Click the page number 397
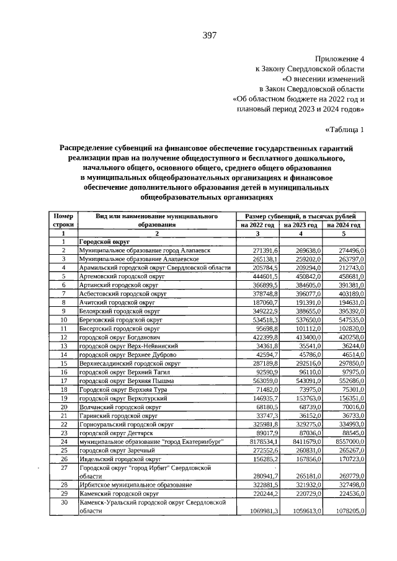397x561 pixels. [x=209, y=35]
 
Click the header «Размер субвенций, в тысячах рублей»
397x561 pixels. [x=301, y=216]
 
